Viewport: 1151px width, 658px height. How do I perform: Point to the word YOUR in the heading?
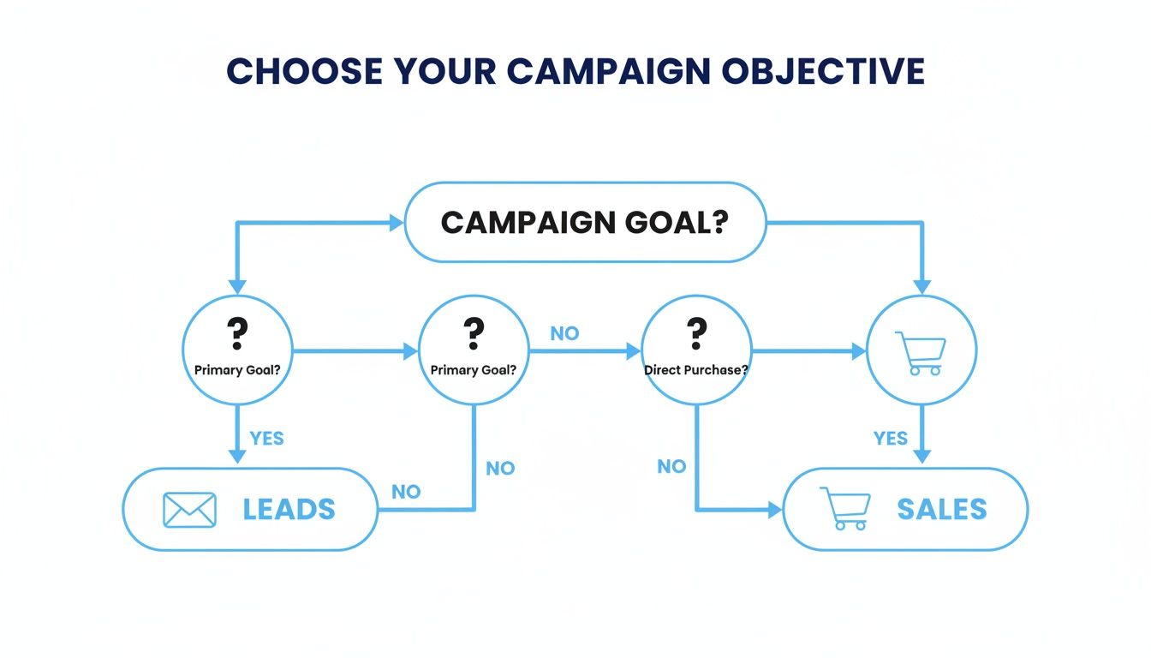click(x=451, y=72)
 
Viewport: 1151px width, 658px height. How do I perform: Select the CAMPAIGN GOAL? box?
click(x=584, y=223)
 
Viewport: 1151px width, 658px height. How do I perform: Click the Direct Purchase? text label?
click(x=695, y=370)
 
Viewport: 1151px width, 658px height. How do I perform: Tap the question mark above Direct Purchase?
click(x=696, y=332)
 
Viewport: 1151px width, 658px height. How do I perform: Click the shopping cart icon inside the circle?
click(x=921, y=353)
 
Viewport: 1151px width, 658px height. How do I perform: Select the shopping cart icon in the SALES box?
click(x=845, y=509)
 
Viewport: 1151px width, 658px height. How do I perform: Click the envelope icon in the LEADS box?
click(x=189, y=509)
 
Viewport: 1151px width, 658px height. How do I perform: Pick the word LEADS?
click(x=289, y=509)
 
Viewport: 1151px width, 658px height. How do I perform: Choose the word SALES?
click(x=942, y=509)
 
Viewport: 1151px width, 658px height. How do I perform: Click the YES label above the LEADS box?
click(x=266, y=438)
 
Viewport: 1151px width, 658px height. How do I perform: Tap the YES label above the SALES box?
click(x=891, y=438)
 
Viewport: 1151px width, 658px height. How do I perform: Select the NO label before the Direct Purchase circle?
click(x=564, y=334)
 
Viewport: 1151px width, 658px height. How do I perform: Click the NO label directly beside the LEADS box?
click(x=406, y=492)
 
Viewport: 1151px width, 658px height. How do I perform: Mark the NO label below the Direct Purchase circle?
click(x=671, y=466)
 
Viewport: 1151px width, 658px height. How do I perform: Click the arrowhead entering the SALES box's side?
click(x=775, y=510)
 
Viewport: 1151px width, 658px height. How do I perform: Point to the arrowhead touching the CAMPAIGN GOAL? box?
click(x=397, y=223)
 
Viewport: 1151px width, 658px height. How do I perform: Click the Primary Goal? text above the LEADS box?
click(x=237, y=370)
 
